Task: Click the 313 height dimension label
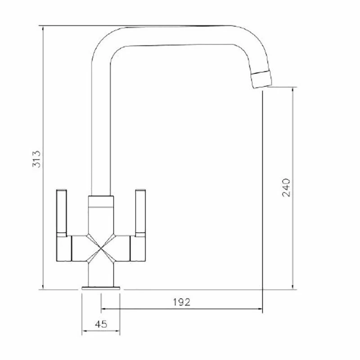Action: [x=36, y=159]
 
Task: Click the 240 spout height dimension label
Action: [x=286, y=188]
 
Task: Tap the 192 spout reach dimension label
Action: [x=182, y=302]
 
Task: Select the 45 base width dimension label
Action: [x=101, y=324]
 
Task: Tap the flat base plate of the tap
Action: [x=101, y=288]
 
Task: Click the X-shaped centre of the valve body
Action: [x=101, y=248]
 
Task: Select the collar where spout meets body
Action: [x=101, y=202]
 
